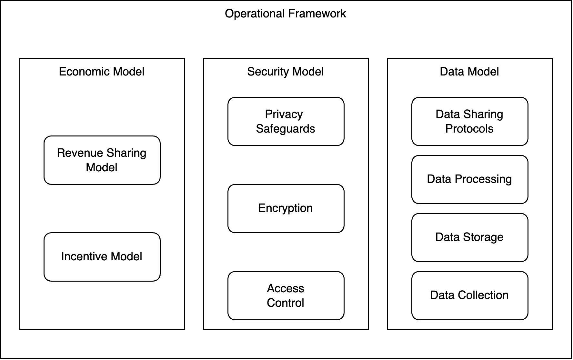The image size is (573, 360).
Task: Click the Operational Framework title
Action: pos(285,14)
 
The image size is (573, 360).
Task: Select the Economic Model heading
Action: pos(102,72)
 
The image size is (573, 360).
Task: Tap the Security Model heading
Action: pos(286,72)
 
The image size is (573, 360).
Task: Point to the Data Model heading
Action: pos(469,72)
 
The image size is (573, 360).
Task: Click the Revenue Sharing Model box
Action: pos(102,160)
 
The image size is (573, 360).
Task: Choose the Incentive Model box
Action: pos(102,257)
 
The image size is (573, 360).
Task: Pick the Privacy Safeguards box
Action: pos(286,122)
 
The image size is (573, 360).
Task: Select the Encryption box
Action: pos(286,208)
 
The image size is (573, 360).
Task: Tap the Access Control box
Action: pos(286,295)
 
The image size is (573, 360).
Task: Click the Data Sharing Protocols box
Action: pos(470,122)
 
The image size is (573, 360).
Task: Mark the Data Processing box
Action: pos(470,179)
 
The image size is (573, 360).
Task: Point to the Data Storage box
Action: pos(470,237)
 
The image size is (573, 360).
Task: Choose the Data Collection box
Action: pos(470,295)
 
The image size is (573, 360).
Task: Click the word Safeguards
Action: pos(286,129)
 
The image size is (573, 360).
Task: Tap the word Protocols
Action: pos(469,129)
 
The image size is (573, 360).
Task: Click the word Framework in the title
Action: pos(317,14)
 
